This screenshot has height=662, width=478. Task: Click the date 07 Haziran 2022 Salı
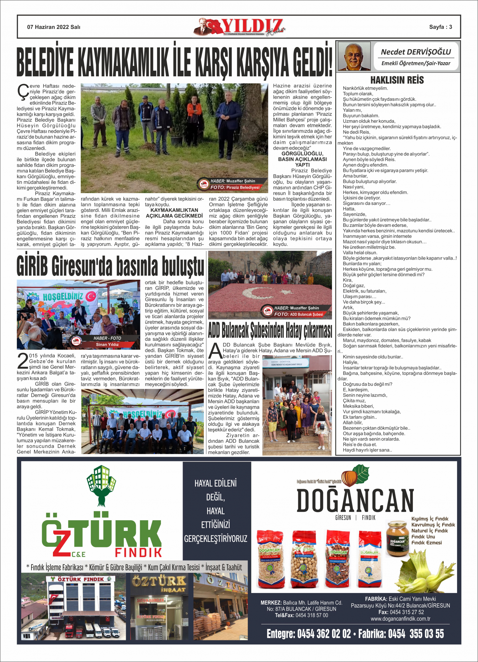pos(54,27)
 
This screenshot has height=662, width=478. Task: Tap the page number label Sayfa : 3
pos(440,27)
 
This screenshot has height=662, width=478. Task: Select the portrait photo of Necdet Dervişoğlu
pos(354,56)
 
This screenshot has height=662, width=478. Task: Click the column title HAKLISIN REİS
pos(397,80)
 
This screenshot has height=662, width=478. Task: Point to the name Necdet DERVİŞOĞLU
pos(416,52)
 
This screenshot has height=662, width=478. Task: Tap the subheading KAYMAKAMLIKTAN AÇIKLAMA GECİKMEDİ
pos(174,213)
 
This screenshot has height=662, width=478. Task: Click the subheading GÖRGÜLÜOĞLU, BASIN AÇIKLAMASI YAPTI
pos(302,159)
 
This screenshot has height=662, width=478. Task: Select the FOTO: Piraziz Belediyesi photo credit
pos(235,187)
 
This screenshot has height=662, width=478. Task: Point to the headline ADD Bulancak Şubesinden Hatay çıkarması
pos(270,330)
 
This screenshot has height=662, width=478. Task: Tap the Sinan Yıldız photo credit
pos(107,344)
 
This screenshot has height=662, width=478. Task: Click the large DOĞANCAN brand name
pos(355,500)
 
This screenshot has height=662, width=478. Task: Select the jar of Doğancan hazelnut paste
pos(398,538)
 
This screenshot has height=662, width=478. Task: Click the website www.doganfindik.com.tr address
pos(400,619)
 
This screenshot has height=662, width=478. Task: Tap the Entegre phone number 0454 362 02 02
pos(309,634)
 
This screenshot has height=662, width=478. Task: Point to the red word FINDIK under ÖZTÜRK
pos(138,552)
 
